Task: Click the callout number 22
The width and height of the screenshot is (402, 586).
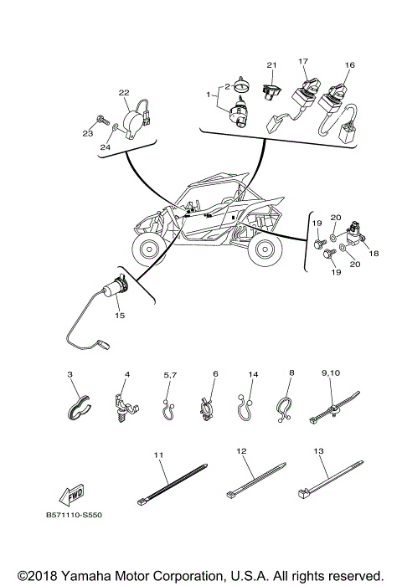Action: tap(123, 93)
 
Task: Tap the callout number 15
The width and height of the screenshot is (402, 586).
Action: tap(120, 316)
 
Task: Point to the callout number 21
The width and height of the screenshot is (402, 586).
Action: tap(271, 65)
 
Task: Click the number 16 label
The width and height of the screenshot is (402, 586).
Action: tap(349, 65)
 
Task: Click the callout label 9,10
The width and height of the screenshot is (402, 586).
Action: tap(332, 373)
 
